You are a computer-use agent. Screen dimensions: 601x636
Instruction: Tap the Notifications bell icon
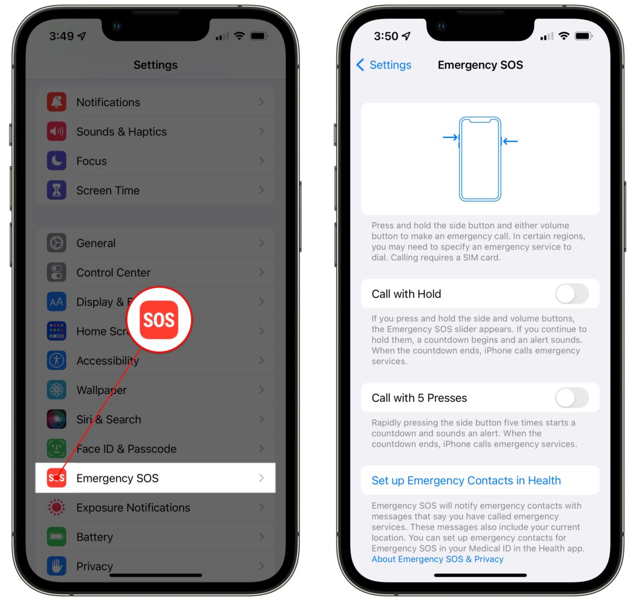click(57, 102)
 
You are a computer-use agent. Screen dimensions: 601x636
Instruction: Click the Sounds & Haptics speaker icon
click(57, 132)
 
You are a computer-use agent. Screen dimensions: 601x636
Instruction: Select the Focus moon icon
click(57, 161)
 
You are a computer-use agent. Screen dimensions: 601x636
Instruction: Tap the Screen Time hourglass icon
click(57, 191)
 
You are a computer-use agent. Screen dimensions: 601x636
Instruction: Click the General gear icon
click(57, 243)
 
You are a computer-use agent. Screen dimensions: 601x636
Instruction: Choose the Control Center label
click(113, 273)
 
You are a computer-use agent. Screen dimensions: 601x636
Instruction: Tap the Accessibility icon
click(57, 361)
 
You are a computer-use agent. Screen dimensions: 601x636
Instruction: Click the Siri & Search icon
click(57, 420)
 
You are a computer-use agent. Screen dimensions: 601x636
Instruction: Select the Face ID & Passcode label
click(126, 449)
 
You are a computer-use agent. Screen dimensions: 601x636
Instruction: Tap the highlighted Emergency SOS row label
click(117, 478)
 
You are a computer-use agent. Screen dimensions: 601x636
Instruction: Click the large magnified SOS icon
click(159, 320)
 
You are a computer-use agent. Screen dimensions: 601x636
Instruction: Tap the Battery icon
click(57, 537)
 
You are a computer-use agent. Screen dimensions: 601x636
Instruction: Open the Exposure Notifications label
click(133, 508)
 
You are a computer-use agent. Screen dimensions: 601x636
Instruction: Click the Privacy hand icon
click(57, 566)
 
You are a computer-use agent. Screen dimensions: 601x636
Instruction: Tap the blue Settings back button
click(384, 65)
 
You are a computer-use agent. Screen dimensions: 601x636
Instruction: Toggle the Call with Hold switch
click(572, 294)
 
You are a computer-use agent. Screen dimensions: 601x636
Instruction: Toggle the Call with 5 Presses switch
click(572, 398)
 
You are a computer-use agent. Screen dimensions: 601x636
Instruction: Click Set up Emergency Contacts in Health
click(466, 481)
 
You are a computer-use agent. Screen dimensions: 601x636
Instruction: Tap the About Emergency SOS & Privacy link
click(438, 559)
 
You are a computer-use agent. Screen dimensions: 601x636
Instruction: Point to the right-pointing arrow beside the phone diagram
click(450, 137)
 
